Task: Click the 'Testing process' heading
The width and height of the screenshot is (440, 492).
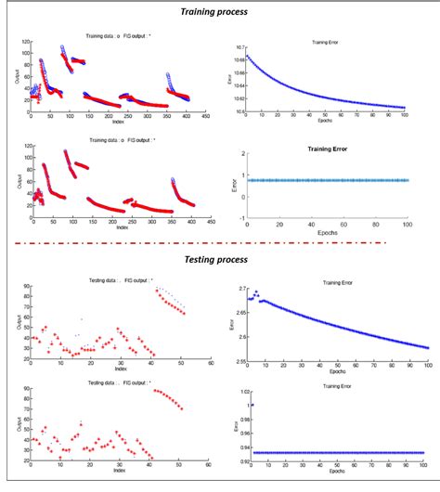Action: pyautogui.click(x=220, y=261)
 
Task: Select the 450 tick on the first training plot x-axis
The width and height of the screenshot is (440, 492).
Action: pyautogui.click(x=211, y=117)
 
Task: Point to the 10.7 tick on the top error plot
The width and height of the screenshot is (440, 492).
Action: pyautogui.click(x=239, y=46)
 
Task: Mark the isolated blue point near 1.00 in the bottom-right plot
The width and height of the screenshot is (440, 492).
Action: pyautogui.click(x=252, y=405)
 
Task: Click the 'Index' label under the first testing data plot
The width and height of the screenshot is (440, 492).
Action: pyautogui.click(x=120, y=369)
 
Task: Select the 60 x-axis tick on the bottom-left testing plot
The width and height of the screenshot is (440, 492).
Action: pyautogui.click(x=211, y=467)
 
